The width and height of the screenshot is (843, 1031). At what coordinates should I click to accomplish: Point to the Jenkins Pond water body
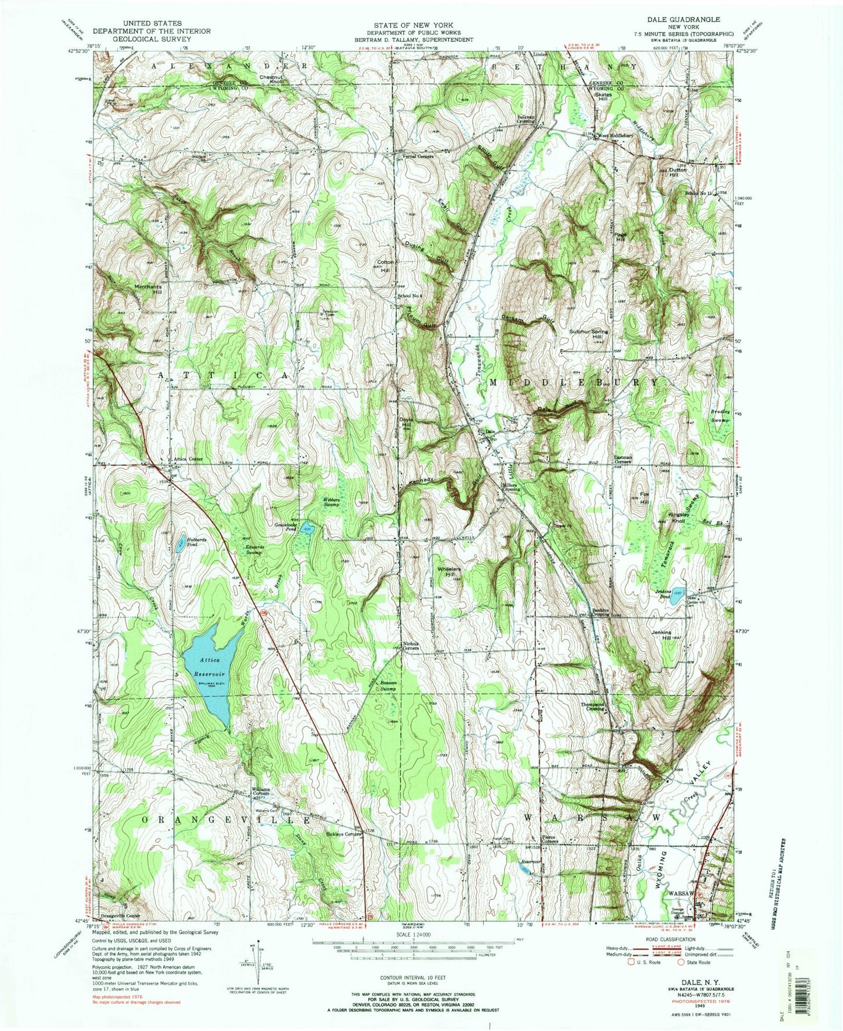coord(677,595)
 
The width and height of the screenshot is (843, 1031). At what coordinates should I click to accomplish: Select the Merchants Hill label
coord(149,289)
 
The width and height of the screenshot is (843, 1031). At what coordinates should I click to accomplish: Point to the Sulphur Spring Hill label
coord(589,334)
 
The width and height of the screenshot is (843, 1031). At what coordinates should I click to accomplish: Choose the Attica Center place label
coord(187,459)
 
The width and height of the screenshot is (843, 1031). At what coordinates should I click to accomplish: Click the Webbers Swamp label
coord(337,502)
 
